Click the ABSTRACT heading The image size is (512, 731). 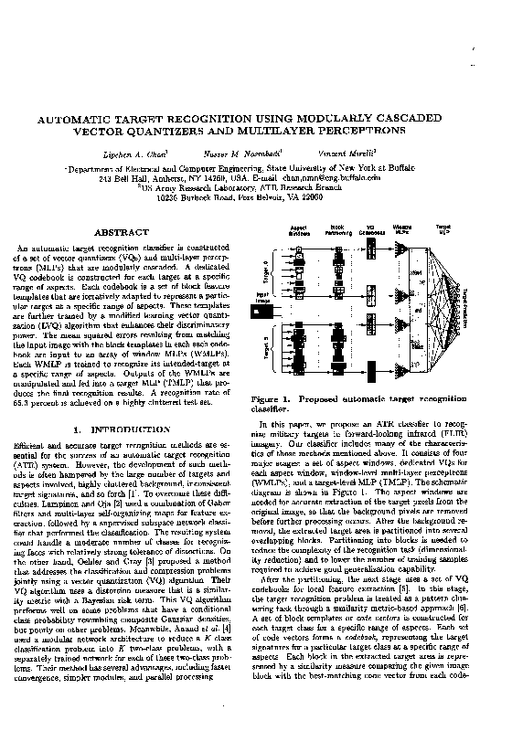pyautogui.click(x=122, y=233)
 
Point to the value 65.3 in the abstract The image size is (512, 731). pyautogui.click(x=27, y=377)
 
